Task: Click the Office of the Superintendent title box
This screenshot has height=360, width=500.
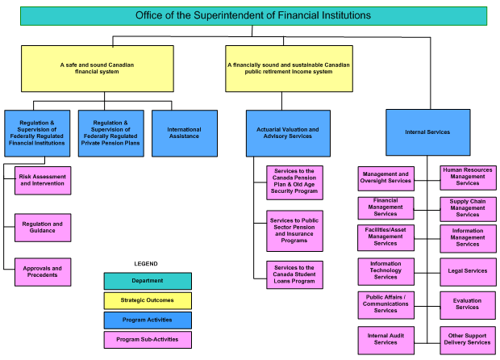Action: click(x=252, y=15)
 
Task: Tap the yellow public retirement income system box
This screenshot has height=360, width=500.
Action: click(x=288, y=68)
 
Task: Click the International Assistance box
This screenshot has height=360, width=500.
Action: click(x=184, y=132)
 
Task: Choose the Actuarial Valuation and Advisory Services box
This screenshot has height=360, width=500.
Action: click(x=287, y=132)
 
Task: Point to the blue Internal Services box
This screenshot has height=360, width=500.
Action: click(x=427, y=132)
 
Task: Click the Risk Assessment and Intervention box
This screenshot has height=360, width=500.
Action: click(x=42, y=180)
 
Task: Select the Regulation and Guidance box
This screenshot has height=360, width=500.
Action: click(x=42, y=228)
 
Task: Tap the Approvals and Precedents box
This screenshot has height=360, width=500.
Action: click(x=42, y=271)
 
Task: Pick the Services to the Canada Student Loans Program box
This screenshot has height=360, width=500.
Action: click(x=294, y=274)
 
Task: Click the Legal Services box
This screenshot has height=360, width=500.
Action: click(x=467, y=271)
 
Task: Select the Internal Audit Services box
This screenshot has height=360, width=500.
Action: click(x=385, y=339)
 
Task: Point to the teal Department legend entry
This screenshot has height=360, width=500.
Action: click(x=148, y=281)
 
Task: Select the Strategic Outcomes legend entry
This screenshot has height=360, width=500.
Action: click(x=148, y=300)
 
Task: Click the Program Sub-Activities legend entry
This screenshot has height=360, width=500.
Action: click(x=148, y=340)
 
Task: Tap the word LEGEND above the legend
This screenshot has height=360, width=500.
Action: click(x=146, y=264)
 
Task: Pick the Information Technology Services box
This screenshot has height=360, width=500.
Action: click(x=385, y=270)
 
